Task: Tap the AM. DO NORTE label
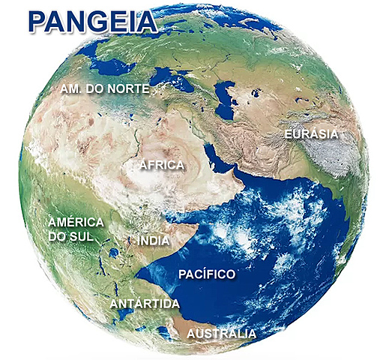click(103, 90)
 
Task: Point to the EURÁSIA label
click(311, 135)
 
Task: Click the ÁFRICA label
click(162, 164)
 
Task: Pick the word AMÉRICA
click(75, 223)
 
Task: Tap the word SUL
click(88, 237)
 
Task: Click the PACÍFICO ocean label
click(207, 274)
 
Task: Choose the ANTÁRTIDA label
click(145, 304)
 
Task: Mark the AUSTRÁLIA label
click(221, 334)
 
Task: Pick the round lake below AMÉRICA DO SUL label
click(113, 253)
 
